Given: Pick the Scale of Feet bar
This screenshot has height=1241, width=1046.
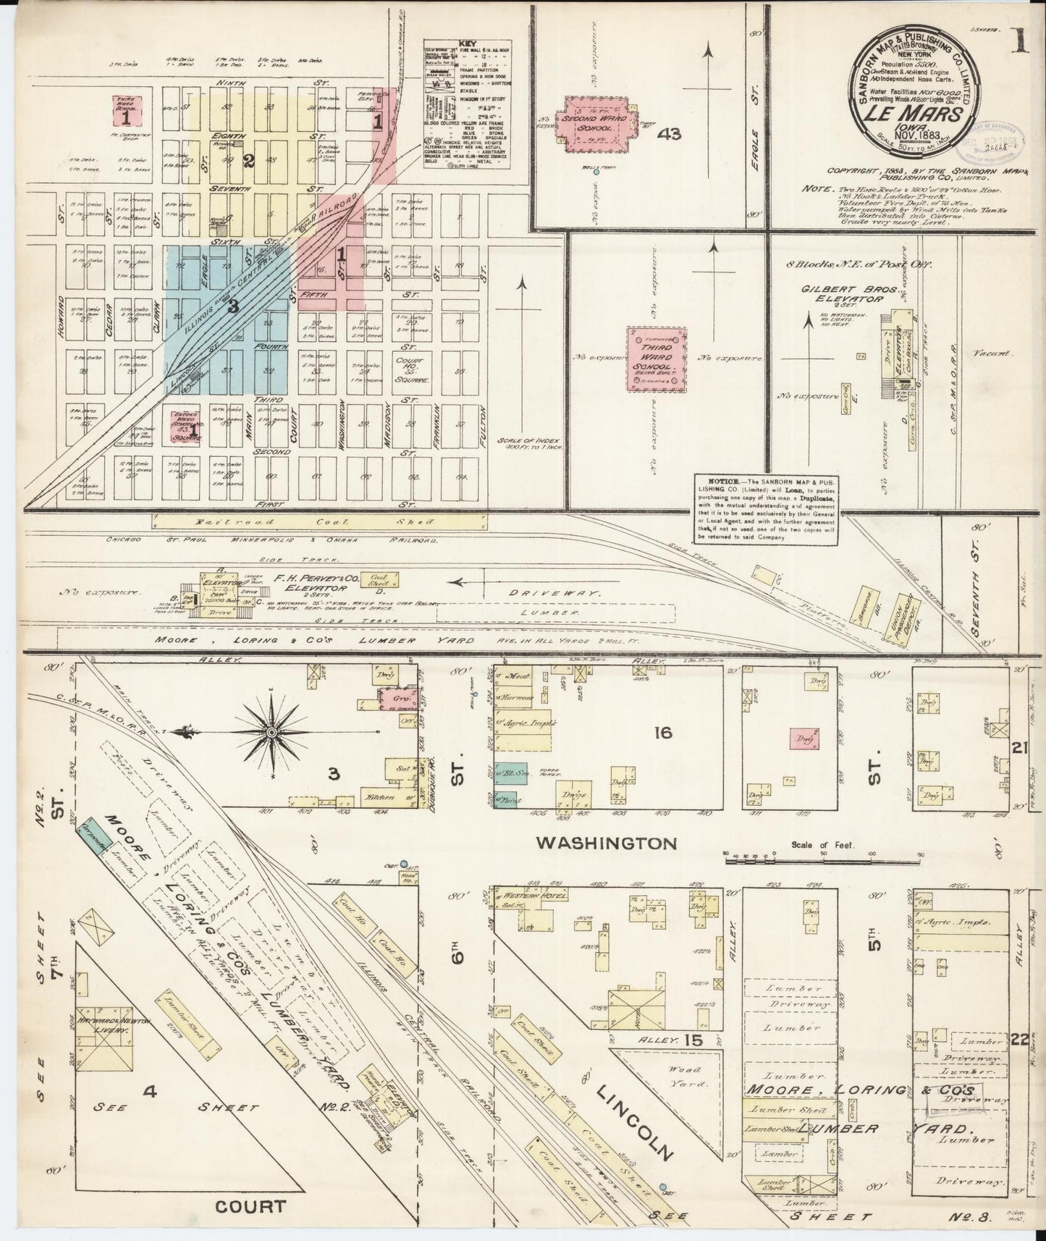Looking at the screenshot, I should coord(822,854).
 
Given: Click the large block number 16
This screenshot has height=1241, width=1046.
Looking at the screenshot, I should coord(662,733).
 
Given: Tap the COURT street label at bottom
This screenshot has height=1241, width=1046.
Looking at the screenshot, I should coord(251,1207).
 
